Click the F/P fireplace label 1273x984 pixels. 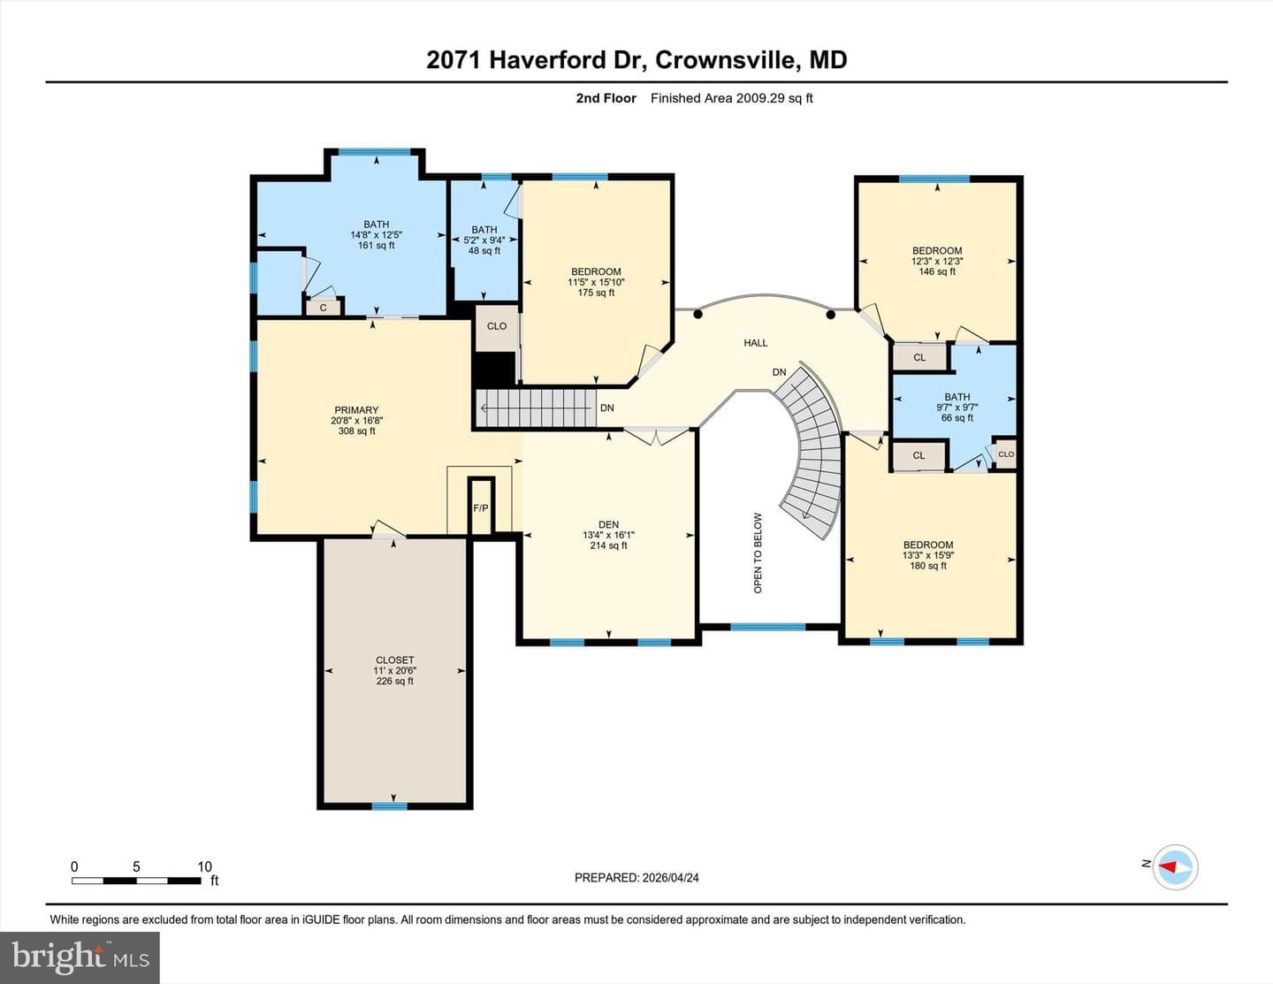coord(480,508)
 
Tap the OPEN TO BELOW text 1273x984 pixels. coord(758,553)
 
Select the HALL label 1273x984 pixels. coord(756,343)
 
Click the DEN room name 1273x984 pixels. coord(609,525)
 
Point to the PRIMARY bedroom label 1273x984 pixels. coord(356,410)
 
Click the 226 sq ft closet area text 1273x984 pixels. coord(395,681)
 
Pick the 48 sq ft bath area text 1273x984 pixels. coord(484,251)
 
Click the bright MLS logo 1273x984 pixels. coord(80,958)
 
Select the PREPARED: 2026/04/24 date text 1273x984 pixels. coord(636,877)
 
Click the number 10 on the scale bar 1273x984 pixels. coord(204,866)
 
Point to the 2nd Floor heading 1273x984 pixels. coord(606,98)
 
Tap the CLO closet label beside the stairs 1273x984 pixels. coord(497,326)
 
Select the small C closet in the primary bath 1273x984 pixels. coord(323,308)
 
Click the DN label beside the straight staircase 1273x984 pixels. coord(607,408)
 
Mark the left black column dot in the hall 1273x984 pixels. coord(697,315)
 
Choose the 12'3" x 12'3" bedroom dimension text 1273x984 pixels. coord(937,261)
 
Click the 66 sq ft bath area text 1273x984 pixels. coord(957,417)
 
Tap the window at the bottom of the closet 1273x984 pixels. coord(390,806)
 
